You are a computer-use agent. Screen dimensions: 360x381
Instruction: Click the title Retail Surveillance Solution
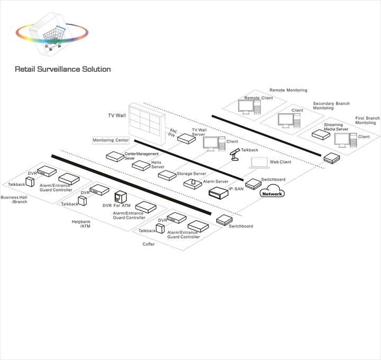point(62,69)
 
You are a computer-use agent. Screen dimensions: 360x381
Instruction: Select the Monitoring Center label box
point(111,140)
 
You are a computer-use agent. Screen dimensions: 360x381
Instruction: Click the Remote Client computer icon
point(249,107)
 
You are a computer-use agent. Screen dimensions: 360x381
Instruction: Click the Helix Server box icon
point(141,166)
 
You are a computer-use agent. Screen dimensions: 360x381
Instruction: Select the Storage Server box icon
point(167,175)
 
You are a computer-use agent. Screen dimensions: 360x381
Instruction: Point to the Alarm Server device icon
point(192,184)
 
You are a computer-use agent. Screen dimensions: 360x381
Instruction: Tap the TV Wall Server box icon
point(185,139)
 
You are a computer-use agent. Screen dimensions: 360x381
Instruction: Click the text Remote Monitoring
point(288,91)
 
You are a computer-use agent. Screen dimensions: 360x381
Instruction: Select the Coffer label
point(149,244)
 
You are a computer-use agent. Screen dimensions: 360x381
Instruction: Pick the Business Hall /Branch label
point(14,200)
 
